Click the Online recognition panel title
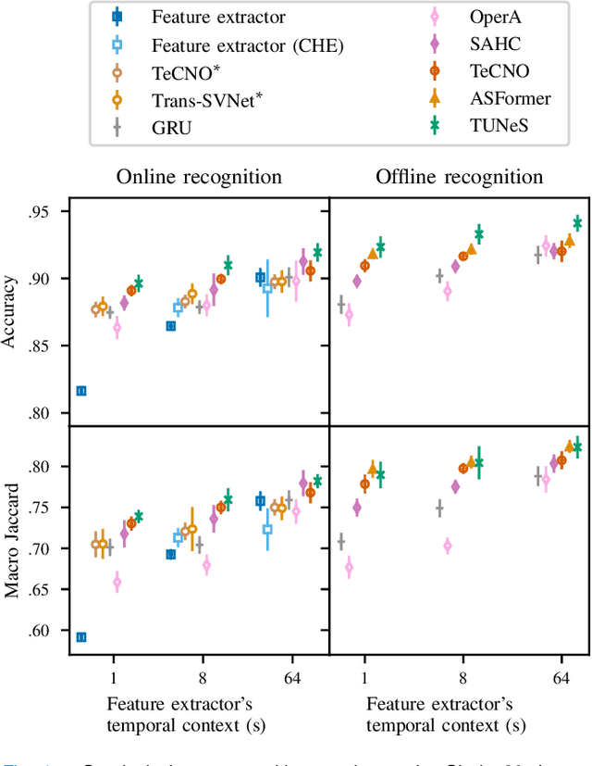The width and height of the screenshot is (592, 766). click(x=200, y=177)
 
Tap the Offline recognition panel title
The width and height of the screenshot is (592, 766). click(x=459, y=177)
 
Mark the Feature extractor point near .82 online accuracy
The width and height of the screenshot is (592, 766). click(x=81, y=391)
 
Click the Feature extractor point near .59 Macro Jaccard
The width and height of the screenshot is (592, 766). click(x=81, y=637)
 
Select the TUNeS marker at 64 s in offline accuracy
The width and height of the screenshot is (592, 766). click(x=578, y=222)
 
